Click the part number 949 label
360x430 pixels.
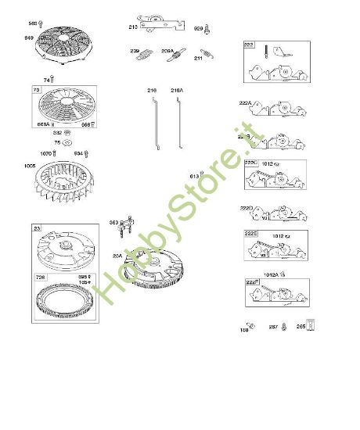(x=30, y=37)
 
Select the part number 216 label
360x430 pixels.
(x=152, y=91)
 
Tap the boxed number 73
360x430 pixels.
(x=36, y=91)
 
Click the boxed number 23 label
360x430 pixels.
(x=37, y=228)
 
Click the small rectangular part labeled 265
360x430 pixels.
(x=311, y=326)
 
